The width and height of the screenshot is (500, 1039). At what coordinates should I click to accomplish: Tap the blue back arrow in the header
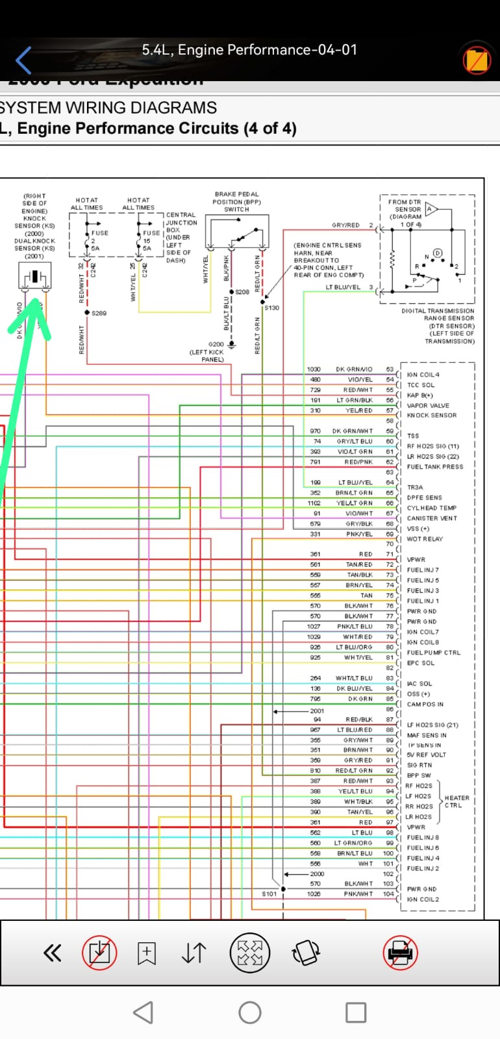(x=23, y=60)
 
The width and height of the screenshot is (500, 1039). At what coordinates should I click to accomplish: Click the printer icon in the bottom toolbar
(x=400, y=953)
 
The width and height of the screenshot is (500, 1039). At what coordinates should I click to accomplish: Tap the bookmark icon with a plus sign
(x=147, y=953)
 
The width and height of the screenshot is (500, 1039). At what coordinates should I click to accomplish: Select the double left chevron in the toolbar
(x=52, y=953)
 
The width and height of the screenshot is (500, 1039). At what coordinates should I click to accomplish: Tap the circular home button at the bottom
(x=250, y=1012)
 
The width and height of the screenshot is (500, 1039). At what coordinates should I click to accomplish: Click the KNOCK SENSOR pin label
(x=432, y=416)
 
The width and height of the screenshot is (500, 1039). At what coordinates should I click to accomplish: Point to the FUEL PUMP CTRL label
(x=434, y=653)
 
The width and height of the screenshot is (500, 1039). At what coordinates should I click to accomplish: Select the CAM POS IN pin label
(x=425, y=704)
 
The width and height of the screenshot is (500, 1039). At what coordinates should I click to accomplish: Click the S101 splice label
(x=269, y=894)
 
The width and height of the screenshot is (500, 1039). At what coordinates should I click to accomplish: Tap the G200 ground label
(x=216, y=344)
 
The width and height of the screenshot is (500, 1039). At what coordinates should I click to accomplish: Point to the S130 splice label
(x=271, y=308)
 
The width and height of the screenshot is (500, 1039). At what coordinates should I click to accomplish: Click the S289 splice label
(x=99, y=314)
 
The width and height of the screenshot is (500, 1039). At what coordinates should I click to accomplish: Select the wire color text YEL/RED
(x=359, y=410)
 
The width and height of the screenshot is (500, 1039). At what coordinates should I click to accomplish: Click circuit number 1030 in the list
(x=314, y=369)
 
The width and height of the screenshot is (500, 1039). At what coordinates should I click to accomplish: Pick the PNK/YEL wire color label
(x=359, y=534)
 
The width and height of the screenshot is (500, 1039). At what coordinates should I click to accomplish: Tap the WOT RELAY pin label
(x=425, y=539)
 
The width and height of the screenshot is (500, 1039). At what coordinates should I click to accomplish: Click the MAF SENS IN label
(x=427, y=735)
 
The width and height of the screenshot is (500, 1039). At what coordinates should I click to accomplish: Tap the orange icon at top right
(x=476, y=60)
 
